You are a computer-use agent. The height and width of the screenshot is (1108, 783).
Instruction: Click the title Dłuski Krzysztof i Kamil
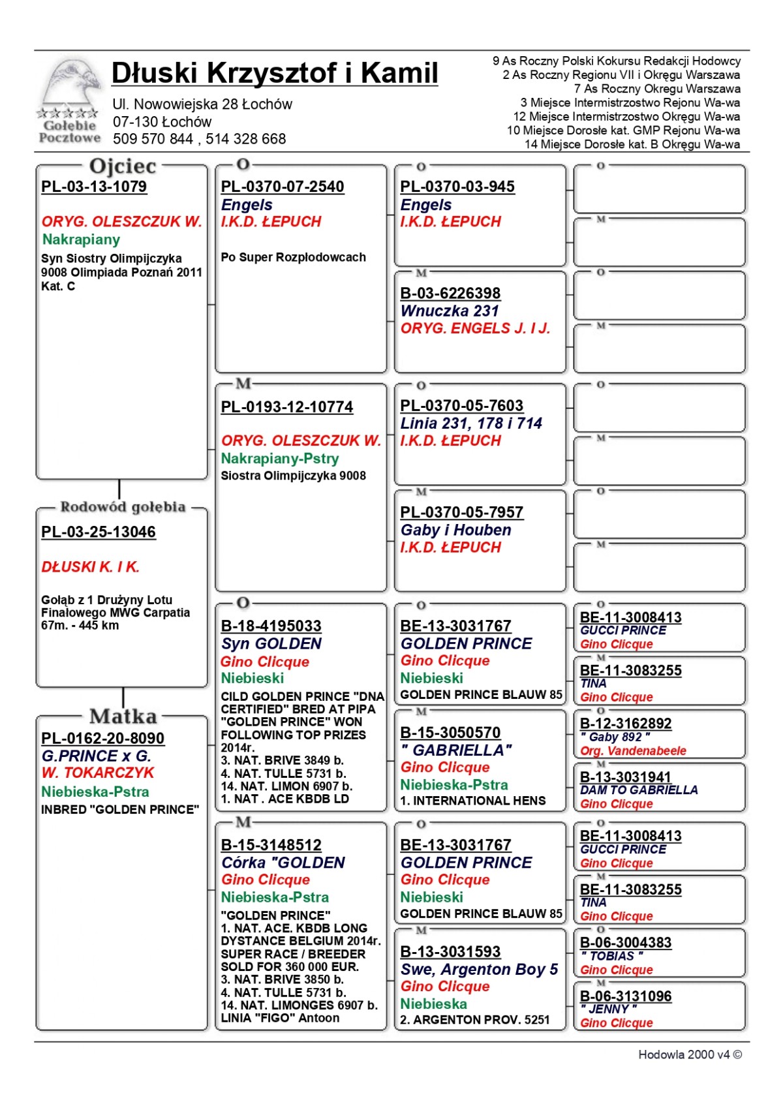coord(275,73)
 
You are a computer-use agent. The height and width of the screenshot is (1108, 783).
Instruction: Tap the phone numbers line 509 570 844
coord(199,139)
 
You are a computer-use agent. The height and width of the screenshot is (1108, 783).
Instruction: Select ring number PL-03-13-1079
coord(94,187)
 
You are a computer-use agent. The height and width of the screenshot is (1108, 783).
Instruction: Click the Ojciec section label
coord(123,167)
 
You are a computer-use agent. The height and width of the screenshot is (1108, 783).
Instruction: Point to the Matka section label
coord(123,716)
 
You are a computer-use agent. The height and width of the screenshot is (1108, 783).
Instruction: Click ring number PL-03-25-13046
coord(99,532)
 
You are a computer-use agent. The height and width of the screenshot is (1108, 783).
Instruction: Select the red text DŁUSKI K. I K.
coord(91,567)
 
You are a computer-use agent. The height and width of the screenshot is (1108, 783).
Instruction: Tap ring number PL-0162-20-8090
coord(102,738)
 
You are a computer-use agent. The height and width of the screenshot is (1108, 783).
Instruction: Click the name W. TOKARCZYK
coord(98,773)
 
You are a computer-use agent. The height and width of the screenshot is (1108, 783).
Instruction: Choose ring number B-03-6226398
coord(450,293)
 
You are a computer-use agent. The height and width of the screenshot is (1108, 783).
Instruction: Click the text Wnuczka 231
coord(450,311)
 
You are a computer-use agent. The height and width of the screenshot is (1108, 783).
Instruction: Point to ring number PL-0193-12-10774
coord(286,407)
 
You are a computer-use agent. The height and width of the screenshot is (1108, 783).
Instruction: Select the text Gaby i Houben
coord(455,530)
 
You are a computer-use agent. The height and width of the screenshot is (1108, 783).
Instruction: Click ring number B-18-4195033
coord(271,626)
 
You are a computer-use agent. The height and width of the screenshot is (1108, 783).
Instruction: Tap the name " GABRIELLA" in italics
coord(455,750)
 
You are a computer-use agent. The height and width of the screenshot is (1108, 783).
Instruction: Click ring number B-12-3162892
coord(626,724)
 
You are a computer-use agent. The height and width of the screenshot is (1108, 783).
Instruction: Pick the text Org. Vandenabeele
coord(633,751)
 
